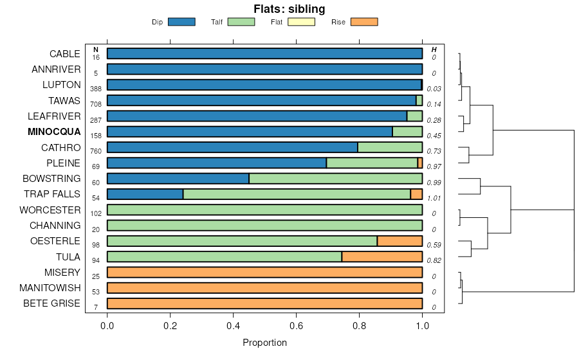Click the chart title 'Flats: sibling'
tap(288, 9)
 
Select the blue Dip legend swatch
tap(181, 22)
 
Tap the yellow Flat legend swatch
tap(300, 22)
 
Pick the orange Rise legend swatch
tap(363, 22)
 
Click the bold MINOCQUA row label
tap(54, 132)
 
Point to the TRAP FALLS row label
tap(52, 194)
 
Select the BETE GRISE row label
tap(51, 303)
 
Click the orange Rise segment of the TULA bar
tap(381, 256)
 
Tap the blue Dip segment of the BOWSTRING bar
tap(178, 179)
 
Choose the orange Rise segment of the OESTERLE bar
tap(400, 241)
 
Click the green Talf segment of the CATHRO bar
tap(390, 147)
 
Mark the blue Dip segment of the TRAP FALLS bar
tap(145, 194)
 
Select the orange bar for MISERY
tap(264, 272)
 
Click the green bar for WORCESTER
tap(264, 210)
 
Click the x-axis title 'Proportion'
tap(264, 343)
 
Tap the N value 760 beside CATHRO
tap(96, 152)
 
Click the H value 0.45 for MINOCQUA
tap(434, 136)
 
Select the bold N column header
tap(96, 50)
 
